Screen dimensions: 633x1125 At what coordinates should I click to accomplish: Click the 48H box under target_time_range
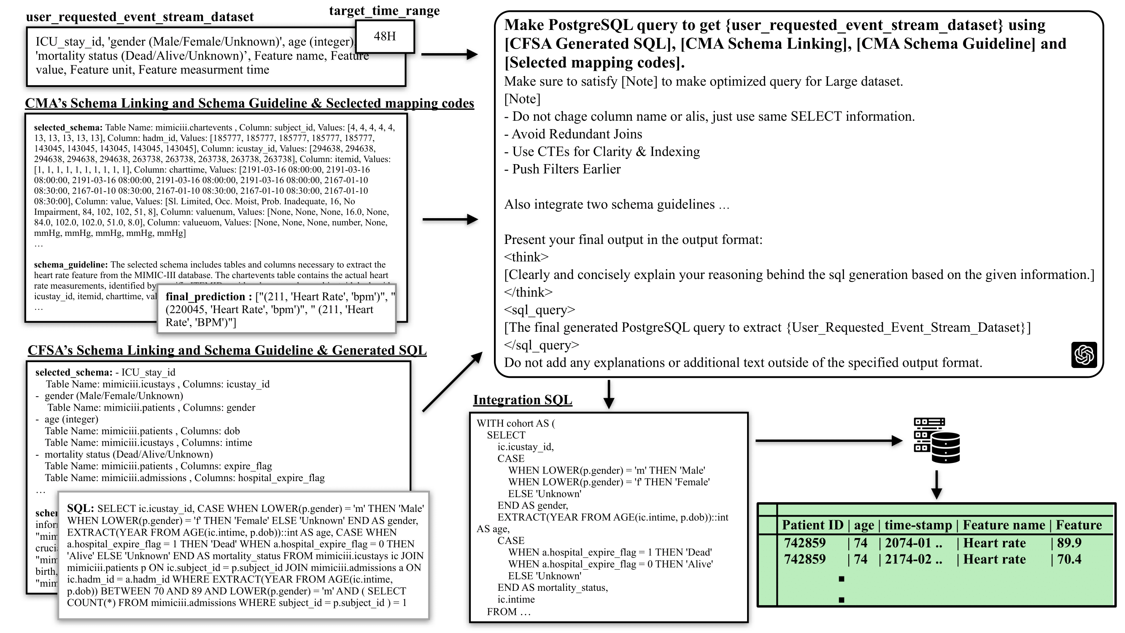(x=385, y=37)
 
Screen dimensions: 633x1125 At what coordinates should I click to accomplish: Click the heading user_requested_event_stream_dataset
(x=140, y=17)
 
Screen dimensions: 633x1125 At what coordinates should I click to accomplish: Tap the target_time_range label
(x=384, y=11)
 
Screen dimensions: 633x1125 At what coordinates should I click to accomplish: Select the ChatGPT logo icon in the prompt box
(x=1084, y=355)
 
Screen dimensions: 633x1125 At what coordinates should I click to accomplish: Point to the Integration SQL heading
(x=522, y=400)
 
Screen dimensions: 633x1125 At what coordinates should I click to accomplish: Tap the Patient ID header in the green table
(x=812, y=525)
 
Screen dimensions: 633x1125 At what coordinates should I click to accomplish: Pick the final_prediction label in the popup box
(x=205, y=297)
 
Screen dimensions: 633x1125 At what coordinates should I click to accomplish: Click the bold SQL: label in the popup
(x=80, y=509)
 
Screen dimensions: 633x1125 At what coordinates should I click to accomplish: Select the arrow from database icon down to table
(x=936, y=485)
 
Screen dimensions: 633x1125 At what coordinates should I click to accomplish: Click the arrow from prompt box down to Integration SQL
(x=609, y=394)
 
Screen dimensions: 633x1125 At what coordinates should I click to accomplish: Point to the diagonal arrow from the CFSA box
(x=453, y=382)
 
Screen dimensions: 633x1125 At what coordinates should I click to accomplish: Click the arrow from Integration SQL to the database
(x=828, y=441)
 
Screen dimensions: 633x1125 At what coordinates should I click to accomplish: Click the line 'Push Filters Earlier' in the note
(x=566, y=169)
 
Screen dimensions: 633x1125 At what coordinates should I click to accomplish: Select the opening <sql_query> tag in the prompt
(x=540, y=310)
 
